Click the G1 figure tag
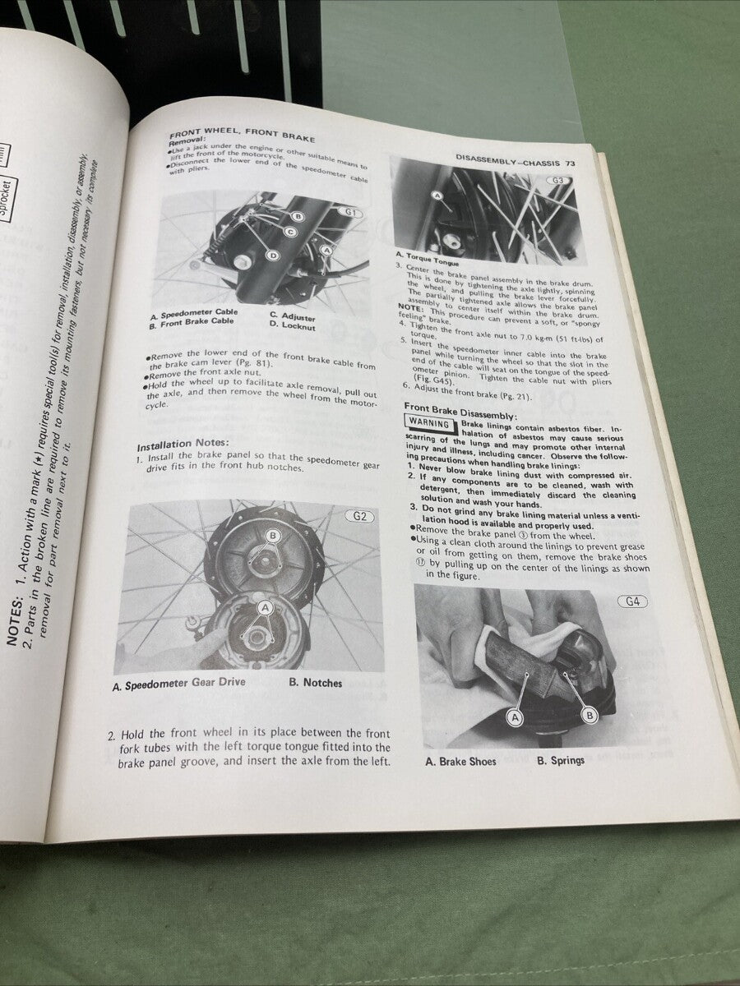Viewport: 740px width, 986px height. [x=351, y=213]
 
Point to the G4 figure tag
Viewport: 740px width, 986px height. [x=631, y=601]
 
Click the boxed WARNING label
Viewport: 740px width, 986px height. [x=429, y=425]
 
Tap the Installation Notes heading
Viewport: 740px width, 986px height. [x=176, y=445]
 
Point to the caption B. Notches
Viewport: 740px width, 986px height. [x=316, y=683]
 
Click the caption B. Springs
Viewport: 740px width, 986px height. [x=561, y=761]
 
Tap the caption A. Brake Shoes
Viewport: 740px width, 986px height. [x=460, y=762]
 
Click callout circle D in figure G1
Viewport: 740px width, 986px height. [x=273, y=256]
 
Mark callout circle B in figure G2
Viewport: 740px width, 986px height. [x=272, y=535]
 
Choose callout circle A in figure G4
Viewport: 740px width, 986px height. [x=516, y=717]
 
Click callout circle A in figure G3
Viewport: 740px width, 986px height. [x=437, y=196]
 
